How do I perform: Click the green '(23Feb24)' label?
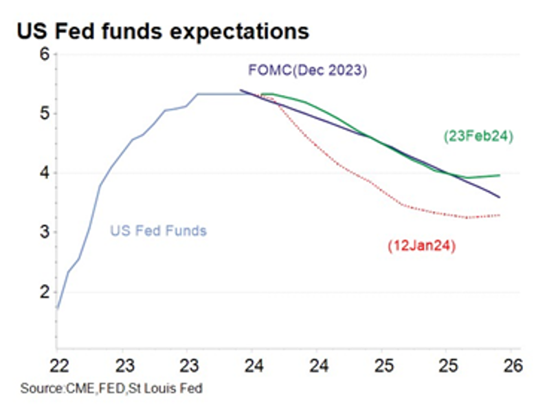(480, 136)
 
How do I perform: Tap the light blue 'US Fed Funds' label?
(158, 231)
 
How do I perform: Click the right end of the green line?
(500, 175)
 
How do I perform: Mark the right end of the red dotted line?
(500, 215)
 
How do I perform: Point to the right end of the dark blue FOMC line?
(500, 197)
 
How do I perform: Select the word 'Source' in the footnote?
(39, 389)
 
